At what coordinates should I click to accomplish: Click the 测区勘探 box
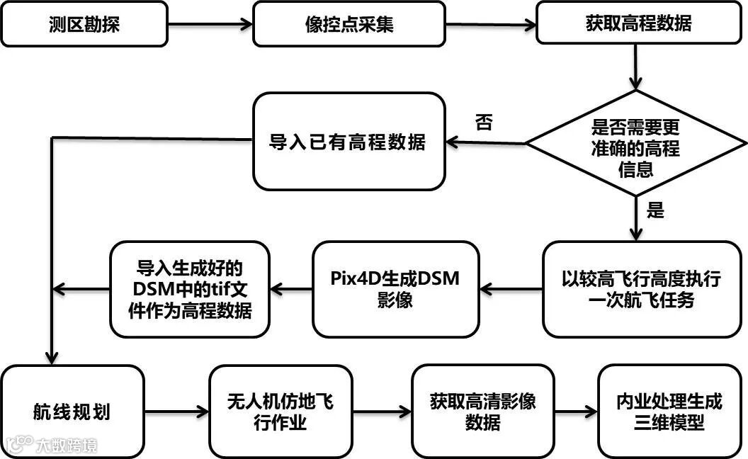coord(84,25)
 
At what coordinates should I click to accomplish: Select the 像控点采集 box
coord(348,25)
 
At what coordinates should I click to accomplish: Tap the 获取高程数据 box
coord(638,25)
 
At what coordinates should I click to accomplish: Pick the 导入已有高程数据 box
coord(348,142)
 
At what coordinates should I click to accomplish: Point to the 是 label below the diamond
coord(656,210)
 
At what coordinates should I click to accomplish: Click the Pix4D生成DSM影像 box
coord(395,288)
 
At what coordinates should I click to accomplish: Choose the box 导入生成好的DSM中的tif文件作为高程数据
coord(189,289)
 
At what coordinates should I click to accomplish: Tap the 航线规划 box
coord(72,411)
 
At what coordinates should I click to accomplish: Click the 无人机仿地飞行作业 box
coord(280,411)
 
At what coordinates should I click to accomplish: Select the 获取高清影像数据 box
coord(482,411)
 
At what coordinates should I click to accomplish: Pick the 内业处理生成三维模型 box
coord(669,411)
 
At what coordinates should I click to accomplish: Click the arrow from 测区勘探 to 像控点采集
coord(210,25)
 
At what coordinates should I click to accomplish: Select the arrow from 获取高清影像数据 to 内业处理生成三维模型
coord(576,411)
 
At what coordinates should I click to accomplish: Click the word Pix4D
coord(354,278)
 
